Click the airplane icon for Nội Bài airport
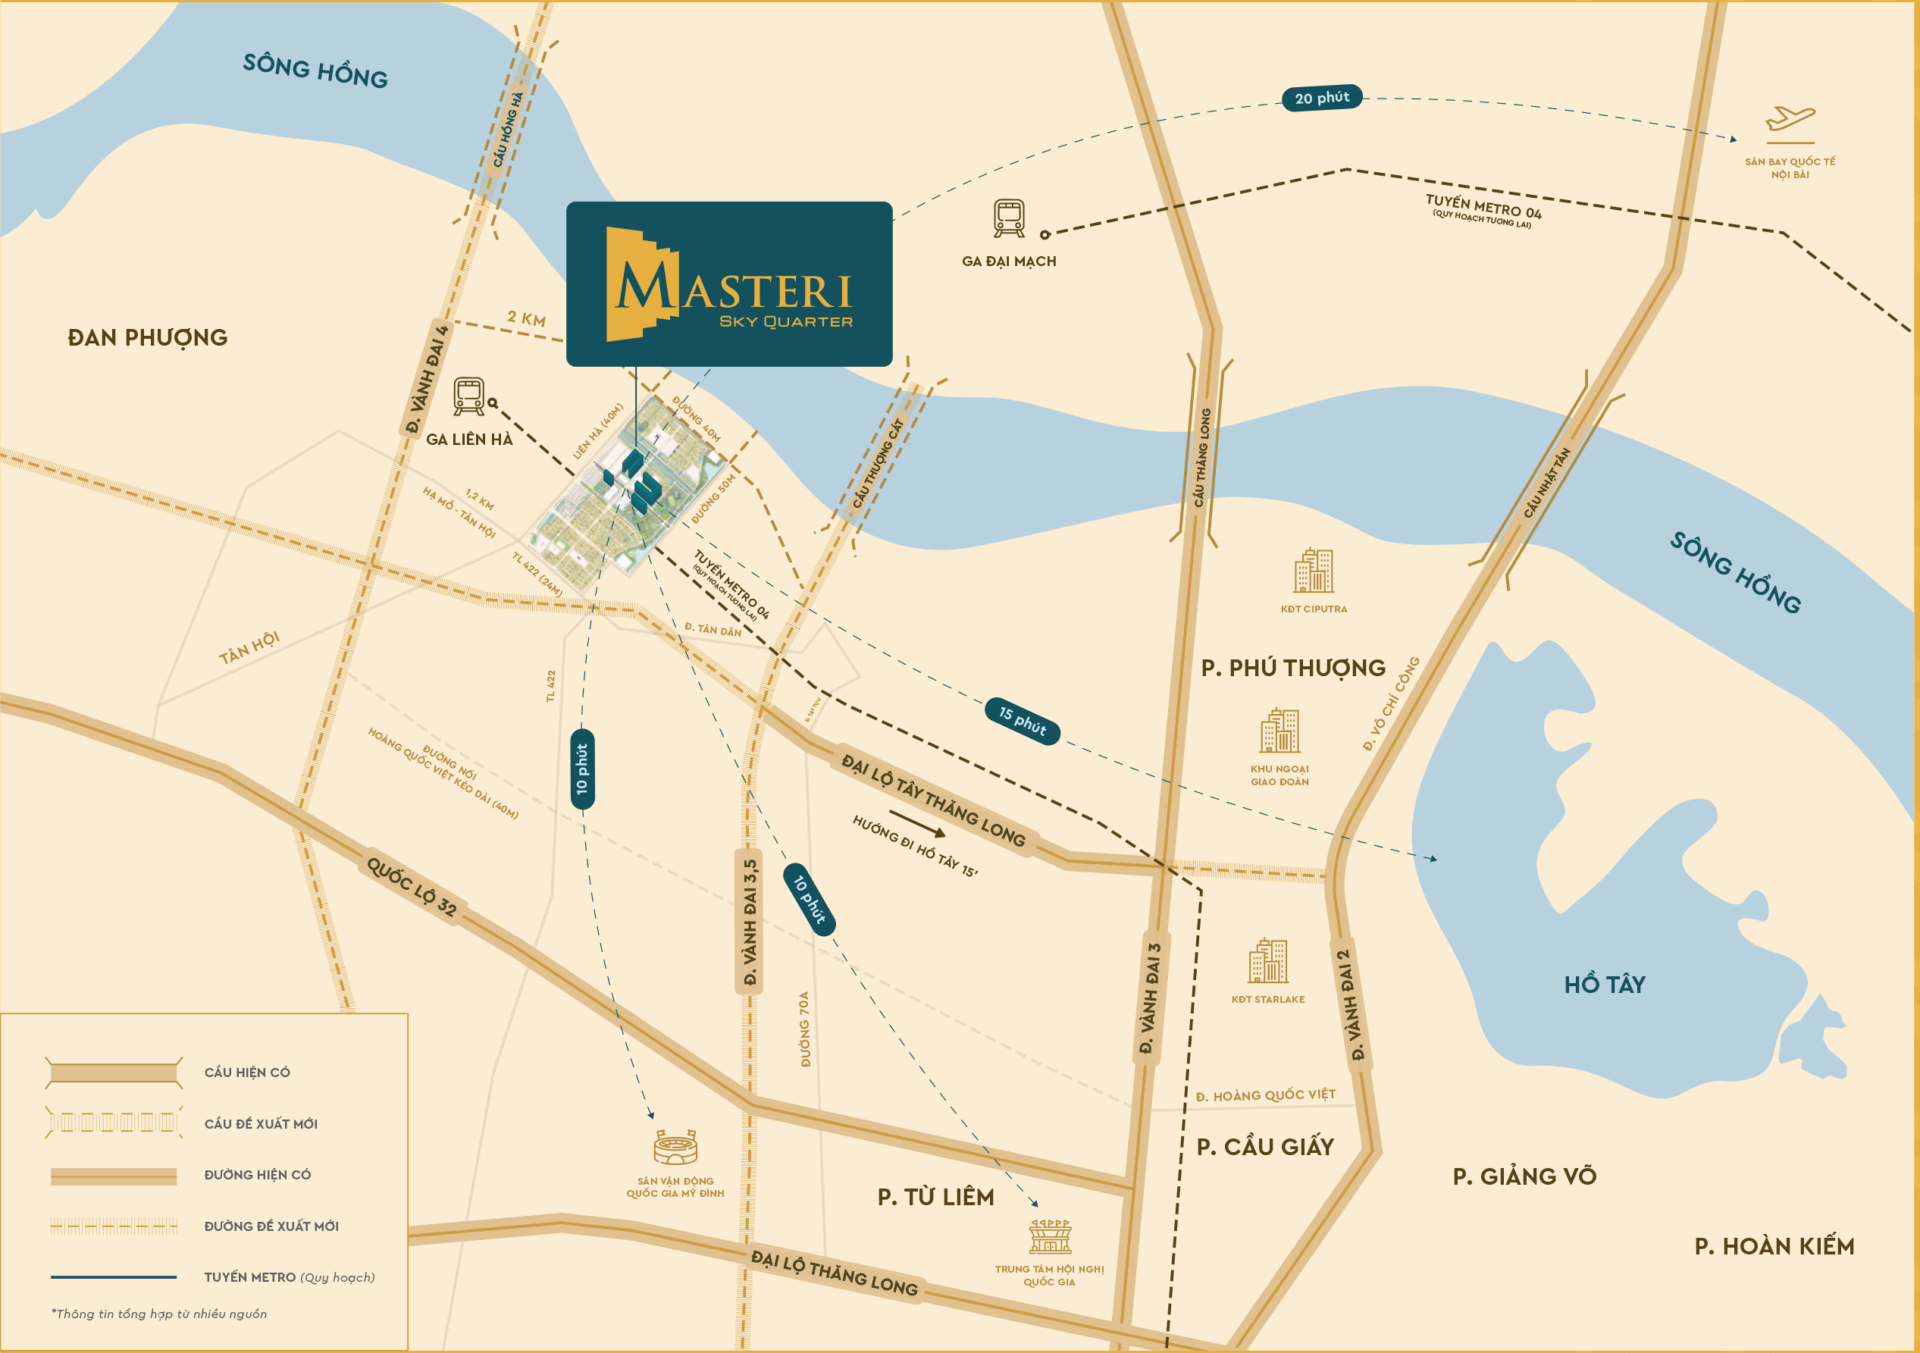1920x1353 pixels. [1790, 119]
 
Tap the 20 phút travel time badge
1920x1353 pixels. [1322, 98]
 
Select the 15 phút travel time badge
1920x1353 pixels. [1022, 720]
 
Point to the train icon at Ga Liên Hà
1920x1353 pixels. [469, 396]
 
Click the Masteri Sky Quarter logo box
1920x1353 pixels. [729, 284]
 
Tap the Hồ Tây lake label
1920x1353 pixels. [1604, 984]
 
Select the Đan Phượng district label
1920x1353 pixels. [147, 337]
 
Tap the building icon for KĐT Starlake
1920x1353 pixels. [1267, 961]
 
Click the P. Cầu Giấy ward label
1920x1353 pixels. [1264, 1147]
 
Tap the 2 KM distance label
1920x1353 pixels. [526, 318]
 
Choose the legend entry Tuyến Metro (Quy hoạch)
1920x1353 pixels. [290, 1277]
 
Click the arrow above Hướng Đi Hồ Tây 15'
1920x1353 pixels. [916, 823]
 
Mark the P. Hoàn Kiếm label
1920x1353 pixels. [1774, 1246]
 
